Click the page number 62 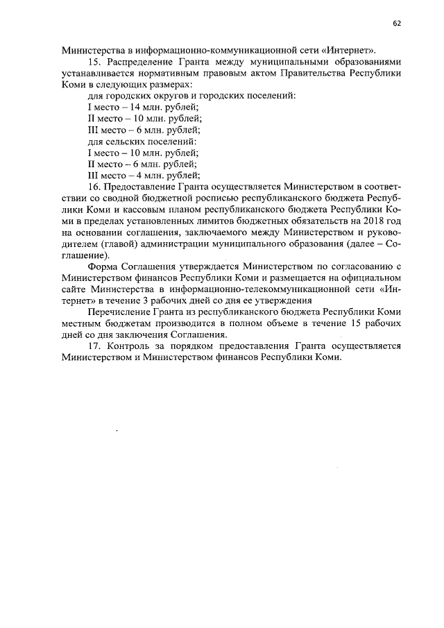[397, 23]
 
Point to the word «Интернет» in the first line [354, 51]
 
